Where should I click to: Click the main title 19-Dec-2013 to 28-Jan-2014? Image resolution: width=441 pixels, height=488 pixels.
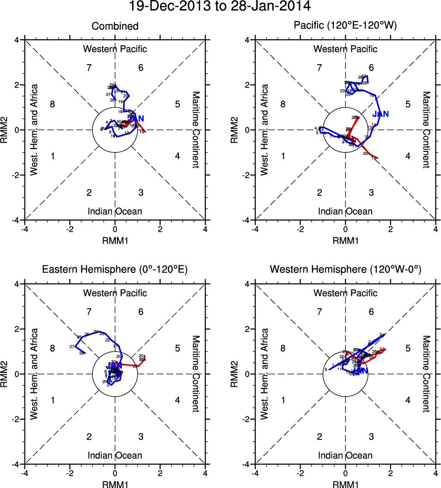[x=220, y=7]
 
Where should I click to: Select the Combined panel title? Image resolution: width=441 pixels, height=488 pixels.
[x=115, y=26]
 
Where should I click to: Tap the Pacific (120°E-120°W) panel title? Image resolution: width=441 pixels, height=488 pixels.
[x=345, y=26]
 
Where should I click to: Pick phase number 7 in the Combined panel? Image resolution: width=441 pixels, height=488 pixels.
[x=89, y=68]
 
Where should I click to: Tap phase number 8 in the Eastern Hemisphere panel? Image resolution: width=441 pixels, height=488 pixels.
[x=53, y=349]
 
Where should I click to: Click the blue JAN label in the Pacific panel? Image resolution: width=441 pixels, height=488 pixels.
[x=380, y=114]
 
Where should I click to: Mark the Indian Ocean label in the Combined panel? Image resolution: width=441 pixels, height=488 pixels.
[x=115, y=211]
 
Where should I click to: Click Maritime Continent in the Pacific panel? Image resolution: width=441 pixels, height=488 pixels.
[x=426, y=130]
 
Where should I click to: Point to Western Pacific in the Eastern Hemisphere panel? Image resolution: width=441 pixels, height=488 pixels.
[x=115, y=293]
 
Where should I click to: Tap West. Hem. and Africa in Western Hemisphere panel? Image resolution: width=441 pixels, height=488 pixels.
[x=264, y=374]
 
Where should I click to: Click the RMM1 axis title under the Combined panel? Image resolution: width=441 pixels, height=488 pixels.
[x=115, y=240]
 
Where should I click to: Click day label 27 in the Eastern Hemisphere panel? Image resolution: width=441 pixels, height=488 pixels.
[x=72, y=347]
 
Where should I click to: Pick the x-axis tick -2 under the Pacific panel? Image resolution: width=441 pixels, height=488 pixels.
[x=300, y=229]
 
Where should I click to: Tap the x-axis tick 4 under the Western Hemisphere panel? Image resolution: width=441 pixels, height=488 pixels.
[x=435, y=473]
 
